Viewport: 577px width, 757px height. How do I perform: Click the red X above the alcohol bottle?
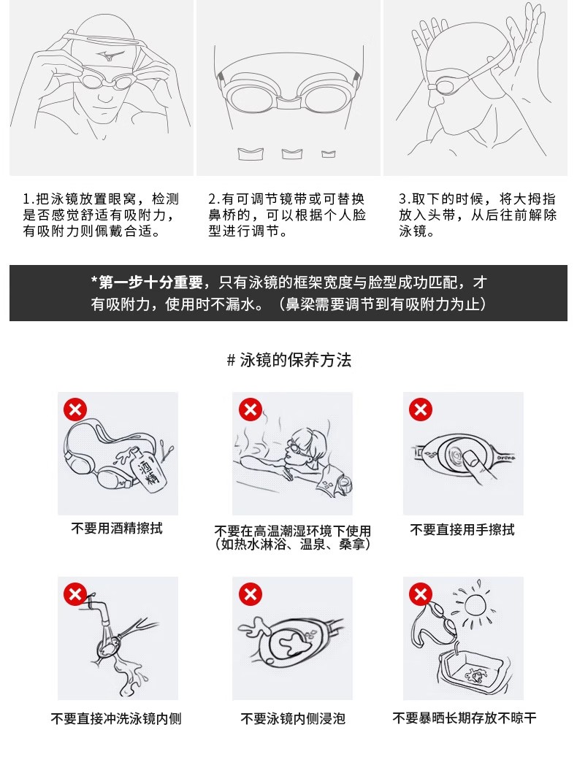point(75,410)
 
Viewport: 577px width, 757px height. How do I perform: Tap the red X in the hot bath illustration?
point(250,410)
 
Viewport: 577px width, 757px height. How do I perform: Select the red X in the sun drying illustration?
point(421,594)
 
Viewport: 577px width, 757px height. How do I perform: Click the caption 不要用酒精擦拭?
point(117,529)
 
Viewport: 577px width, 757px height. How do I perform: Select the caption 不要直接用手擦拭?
point(462,530)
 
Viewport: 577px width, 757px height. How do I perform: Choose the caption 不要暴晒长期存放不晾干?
point(464,718)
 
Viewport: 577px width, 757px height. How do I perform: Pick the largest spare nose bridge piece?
point(251,154)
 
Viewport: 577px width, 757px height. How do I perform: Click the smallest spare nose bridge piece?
point(329,154)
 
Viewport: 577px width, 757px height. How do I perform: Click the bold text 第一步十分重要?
point(151,283)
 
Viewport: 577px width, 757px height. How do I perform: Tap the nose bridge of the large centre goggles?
point(289,101)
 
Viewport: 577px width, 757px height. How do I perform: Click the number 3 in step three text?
point(402,199)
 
